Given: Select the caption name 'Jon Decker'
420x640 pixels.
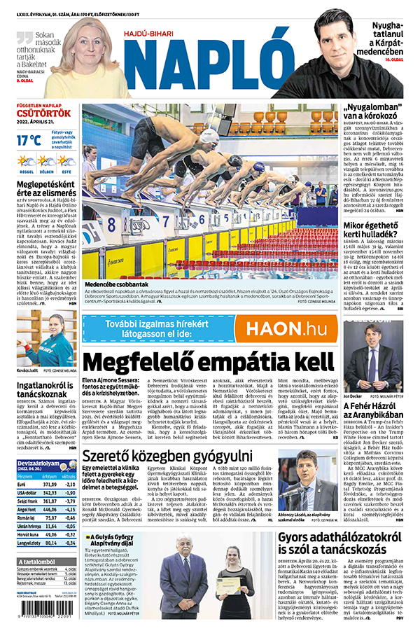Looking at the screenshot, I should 353,396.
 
